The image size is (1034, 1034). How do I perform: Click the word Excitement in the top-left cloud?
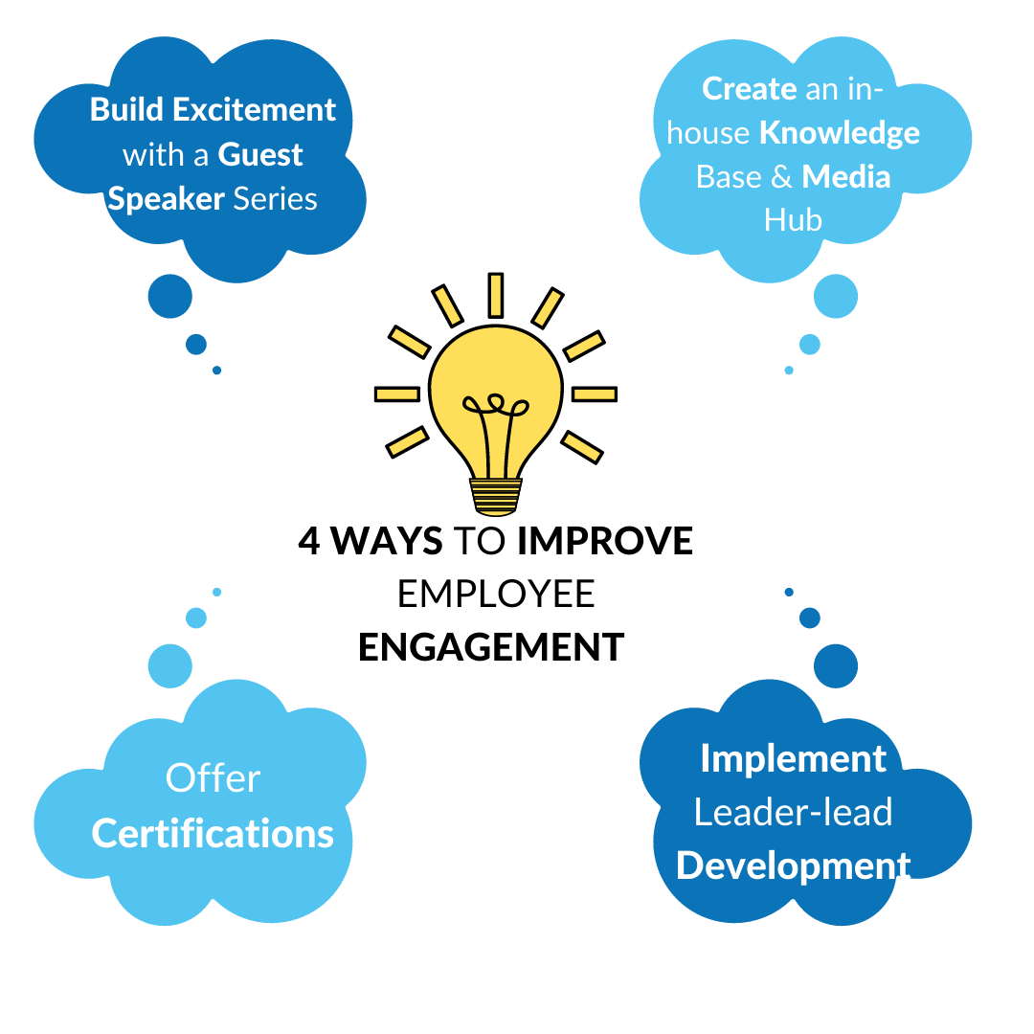(254, 110)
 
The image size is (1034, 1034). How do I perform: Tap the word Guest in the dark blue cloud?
(260, 155)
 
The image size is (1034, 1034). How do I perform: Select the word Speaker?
(166, 199)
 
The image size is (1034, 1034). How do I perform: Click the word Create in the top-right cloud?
(749, 89)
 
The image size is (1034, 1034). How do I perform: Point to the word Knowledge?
(839, 133)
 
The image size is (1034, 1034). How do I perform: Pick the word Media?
(846, 177)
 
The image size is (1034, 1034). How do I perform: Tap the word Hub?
(793, 221)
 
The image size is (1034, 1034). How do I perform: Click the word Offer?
(213, 778)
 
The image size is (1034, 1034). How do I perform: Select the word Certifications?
(213, 834)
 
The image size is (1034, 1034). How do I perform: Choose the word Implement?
(793, 758)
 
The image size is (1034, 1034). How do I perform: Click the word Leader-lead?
(793, 813)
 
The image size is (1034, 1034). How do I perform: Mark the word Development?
(793, 866)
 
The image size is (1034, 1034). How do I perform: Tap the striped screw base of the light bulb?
(495, 495)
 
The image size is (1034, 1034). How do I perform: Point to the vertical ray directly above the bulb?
(495, 295)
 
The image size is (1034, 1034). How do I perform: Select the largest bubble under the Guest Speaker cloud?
(170, 296)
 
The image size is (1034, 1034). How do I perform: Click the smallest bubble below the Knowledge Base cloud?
(789, 370)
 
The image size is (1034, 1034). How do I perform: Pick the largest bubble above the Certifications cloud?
(170, 664)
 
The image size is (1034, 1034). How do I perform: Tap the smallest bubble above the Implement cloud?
(789, 592)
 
